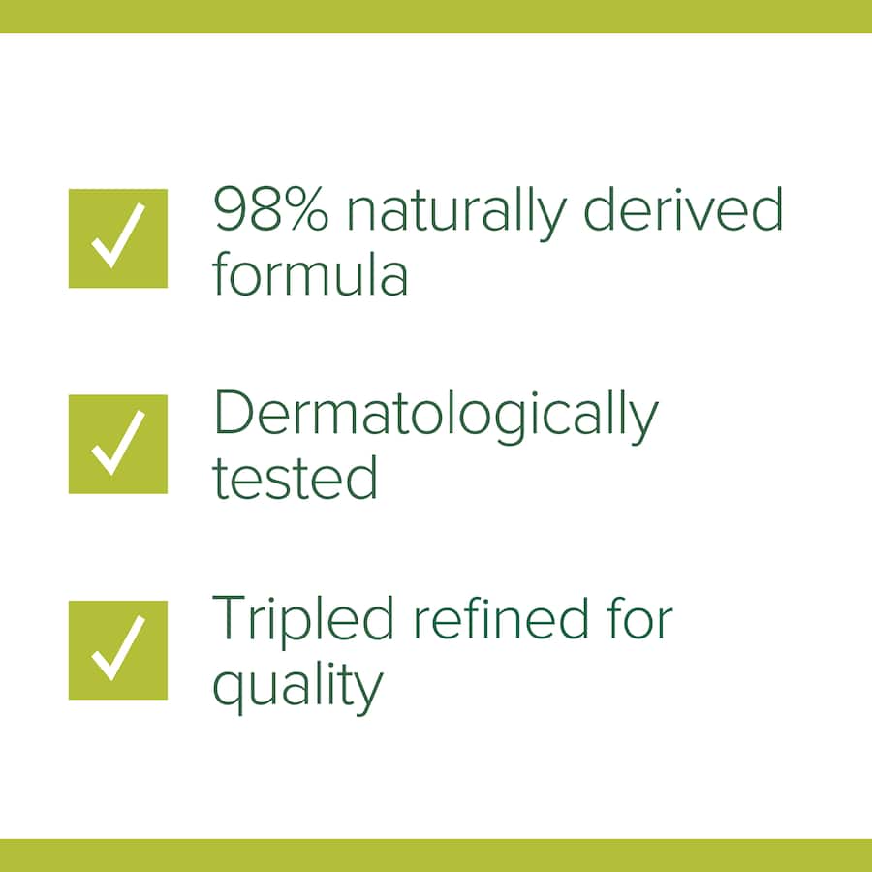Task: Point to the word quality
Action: point(297,686)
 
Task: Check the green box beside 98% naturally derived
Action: point(117,238)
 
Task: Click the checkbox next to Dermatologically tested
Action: point(117,444)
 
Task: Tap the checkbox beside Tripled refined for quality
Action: point(117,650)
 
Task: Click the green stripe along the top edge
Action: point(436,16)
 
